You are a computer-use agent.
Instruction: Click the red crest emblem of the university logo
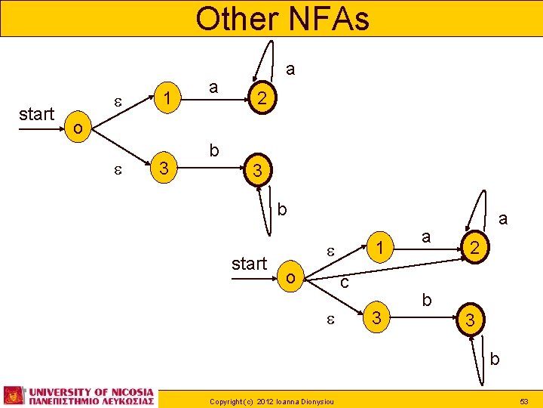point(14,395)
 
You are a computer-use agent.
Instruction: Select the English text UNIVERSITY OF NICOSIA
point(91,391)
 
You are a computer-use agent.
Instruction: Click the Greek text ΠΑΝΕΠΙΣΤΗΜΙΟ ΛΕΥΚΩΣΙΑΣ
point(91,401)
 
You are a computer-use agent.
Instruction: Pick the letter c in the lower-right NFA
point(343,283)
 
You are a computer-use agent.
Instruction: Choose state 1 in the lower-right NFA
point(382,247)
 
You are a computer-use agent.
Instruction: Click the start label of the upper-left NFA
point(37,114)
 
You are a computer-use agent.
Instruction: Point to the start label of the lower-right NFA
point(249,264)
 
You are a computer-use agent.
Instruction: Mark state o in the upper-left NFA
point(78,128)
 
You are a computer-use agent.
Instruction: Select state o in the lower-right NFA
point(290,278)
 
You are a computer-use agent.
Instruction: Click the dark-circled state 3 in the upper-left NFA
point(257,171)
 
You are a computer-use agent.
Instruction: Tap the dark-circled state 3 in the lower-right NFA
point(470,321)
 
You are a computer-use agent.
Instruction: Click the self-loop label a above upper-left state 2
point(290,70)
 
